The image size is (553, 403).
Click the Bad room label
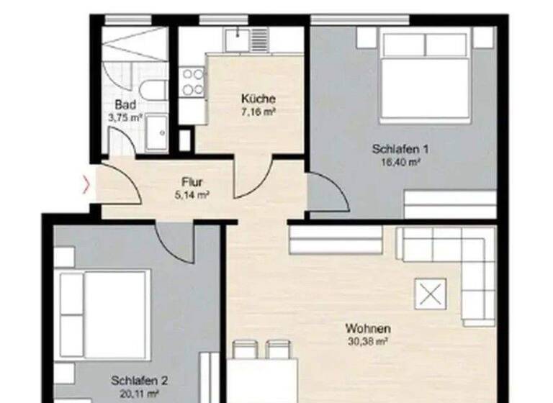click(x=125, y=105)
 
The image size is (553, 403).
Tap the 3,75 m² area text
click(x=125, y=117)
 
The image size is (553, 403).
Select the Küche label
click(x=258, y=99)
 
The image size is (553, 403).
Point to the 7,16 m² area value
click(x=258, y=111)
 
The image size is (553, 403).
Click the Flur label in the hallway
click(x=191, y=182)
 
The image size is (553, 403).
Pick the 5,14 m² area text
click(x=191, y=194)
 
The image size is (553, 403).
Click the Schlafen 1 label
click(x=400, y=150)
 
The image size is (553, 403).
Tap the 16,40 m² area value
click(x=400, y=163)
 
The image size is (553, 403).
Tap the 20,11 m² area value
click(x=139, y=393)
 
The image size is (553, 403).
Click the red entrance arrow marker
click(x=88, y=185)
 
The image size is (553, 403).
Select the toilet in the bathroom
click(x=153, y=91)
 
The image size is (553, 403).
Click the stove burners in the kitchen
click(x=192, y=81)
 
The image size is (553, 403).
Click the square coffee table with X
click(x=431, y=294)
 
